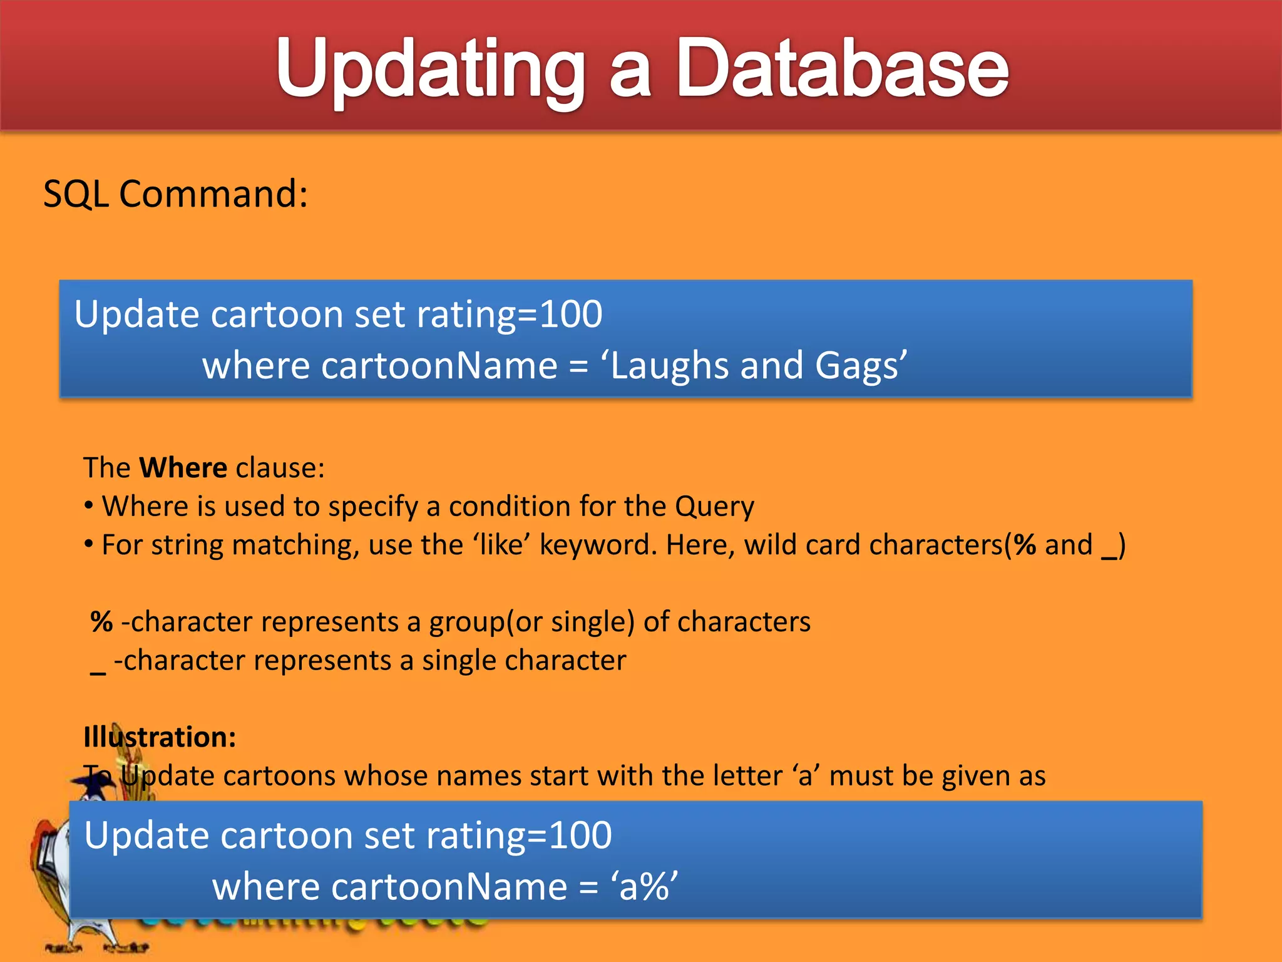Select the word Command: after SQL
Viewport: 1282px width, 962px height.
(x=213, y=194)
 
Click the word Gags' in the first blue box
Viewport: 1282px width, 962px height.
(x=861, y=366)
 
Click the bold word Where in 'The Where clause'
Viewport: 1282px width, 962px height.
(x=183, y=468)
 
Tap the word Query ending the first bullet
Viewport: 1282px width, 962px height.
(x=714, y=507)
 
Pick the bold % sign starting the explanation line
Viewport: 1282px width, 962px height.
(x=101, y=622)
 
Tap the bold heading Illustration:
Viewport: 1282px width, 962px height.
(x=160, y=737)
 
